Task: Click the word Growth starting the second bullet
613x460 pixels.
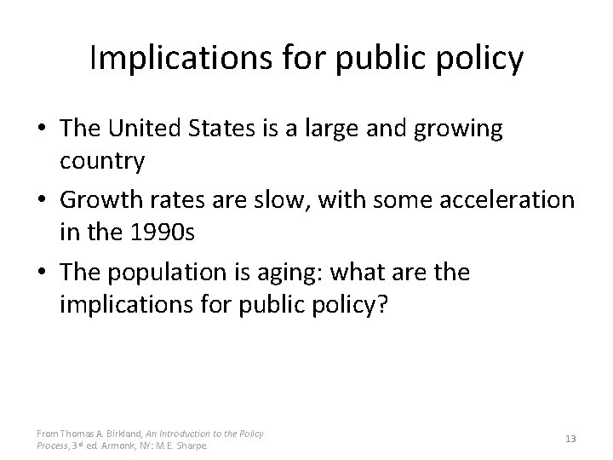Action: [x=106, y=202]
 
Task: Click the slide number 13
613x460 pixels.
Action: [x=570, y=439]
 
